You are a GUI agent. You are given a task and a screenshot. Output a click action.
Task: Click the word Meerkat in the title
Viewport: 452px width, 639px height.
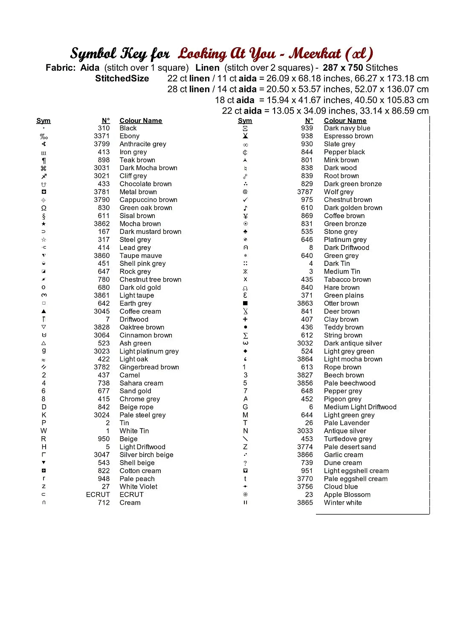pos(315,54)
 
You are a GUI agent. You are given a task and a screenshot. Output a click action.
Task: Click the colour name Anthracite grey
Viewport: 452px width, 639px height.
pos(143,144)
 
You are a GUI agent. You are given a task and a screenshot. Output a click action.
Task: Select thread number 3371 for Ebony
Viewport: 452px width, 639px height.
pos(101,136)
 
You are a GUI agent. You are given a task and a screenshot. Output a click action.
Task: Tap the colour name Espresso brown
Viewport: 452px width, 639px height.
pos(348,136)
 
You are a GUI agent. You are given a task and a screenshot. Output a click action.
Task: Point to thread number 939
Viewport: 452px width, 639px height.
pos(307,128)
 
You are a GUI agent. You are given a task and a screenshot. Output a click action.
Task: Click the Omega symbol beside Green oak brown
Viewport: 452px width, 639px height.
pos(43,208)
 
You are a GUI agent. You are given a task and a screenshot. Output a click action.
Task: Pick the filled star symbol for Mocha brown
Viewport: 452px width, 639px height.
pos(43,224)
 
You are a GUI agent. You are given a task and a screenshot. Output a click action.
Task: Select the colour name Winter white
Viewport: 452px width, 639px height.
pos(343,503)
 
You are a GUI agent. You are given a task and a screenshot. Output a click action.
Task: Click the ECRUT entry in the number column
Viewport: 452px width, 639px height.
pos(98,495)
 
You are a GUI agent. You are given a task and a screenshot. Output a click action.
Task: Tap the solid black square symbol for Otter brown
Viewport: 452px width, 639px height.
pos(245,303)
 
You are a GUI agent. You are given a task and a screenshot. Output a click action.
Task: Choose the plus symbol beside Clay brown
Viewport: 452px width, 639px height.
pos(245,319)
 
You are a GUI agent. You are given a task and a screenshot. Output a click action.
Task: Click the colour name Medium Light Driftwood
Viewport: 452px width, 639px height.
pos(360,407)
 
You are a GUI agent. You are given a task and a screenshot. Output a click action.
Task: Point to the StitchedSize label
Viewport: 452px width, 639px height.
pos(122,78)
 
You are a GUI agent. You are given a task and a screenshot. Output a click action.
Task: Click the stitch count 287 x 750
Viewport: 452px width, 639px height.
pos(343,68)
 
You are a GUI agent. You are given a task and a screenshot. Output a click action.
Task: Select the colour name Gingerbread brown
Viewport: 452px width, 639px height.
pos(149,367)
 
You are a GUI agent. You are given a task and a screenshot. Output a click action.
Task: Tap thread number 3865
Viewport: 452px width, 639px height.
pos(305,503)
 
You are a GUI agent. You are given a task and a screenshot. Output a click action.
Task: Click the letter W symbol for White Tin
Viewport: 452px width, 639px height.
pos(43,431)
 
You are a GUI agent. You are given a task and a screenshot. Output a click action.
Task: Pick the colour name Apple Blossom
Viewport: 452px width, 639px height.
pos(347,495)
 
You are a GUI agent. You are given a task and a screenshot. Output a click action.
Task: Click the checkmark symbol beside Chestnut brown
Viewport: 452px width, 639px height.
pos(245,200)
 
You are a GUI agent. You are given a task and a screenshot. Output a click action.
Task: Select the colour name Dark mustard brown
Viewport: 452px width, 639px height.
pos(151,232)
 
